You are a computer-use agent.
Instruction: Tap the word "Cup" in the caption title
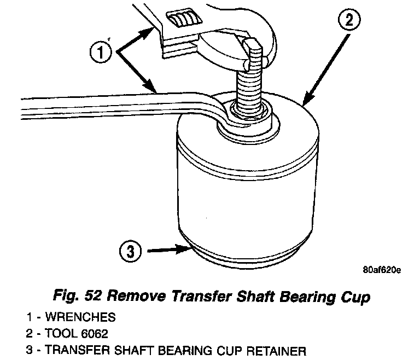coord(351,297)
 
